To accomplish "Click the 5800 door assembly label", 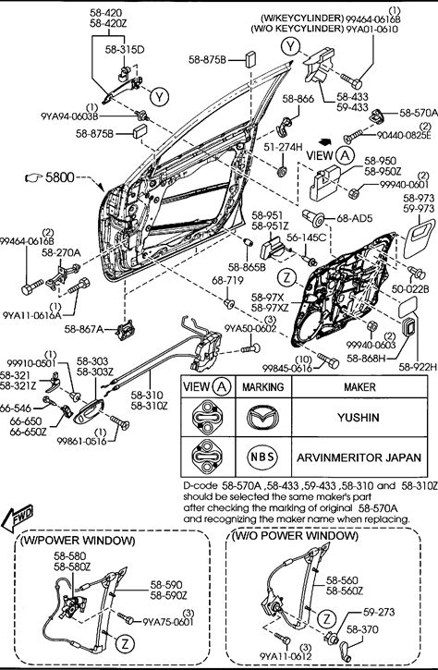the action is click(x=59, y=177).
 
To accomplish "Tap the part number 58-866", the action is click(x=298, y=99).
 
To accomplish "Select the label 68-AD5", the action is click(x=355, y=218).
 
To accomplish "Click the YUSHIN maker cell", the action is click(x=359, y=417).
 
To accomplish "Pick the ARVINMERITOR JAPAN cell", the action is click(x=359, y=457).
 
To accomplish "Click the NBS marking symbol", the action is click(x=262, y=457).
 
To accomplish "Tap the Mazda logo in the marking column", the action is click(x=262, y=417).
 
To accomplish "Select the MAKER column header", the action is click(x=359, y=387).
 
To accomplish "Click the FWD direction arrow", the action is click(x=17, y=518).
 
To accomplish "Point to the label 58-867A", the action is click(x=84, y=329).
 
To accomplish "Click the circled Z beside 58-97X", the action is click(x=286, y=278).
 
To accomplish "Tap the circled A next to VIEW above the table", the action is click(x=345, y=155).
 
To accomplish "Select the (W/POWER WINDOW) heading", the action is click(x=78, y=541).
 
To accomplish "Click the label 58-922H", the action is click(x=418, y=367).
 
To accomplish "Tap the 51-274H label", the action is click(x=283, y=147).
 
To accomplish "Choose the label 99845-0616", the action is click(x=287, y=368).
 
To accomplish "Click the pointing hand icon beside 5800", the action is click(x=34, y=177).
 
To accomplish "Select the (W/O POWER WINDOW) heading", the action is click(x=295, y=535).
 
